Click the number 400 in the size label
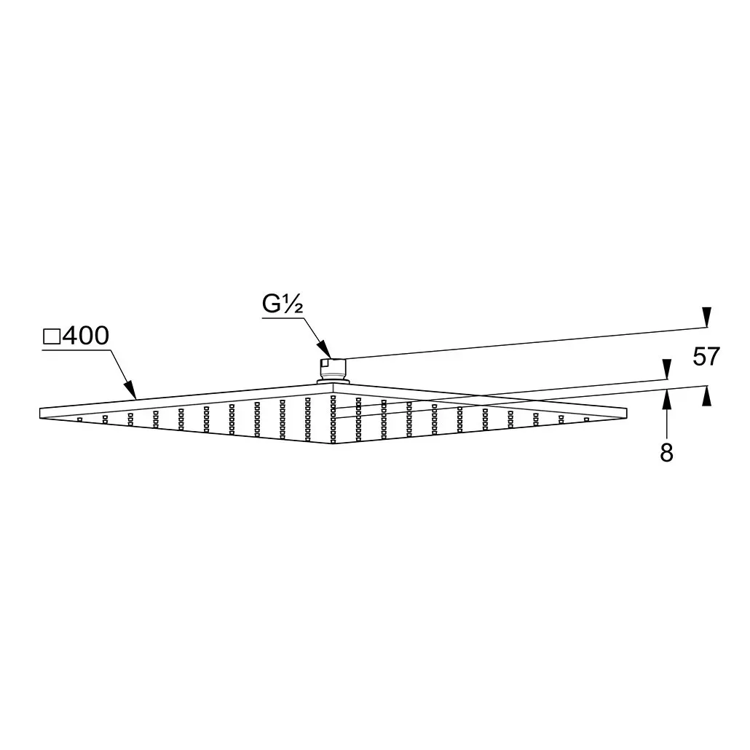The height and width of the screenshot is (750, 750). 86,336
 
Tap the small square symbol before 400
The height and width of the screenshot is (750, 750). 52,336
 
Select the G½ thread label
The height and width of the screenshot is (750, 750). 283,304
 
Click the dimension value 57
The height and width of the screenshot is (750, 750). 706,356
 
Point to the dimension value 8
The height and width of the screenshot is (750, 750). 666,452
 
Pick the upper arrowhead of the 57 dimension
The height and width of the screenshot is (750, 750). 706,317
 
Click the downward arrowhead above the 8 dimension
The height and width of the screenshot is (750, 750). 666,369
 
